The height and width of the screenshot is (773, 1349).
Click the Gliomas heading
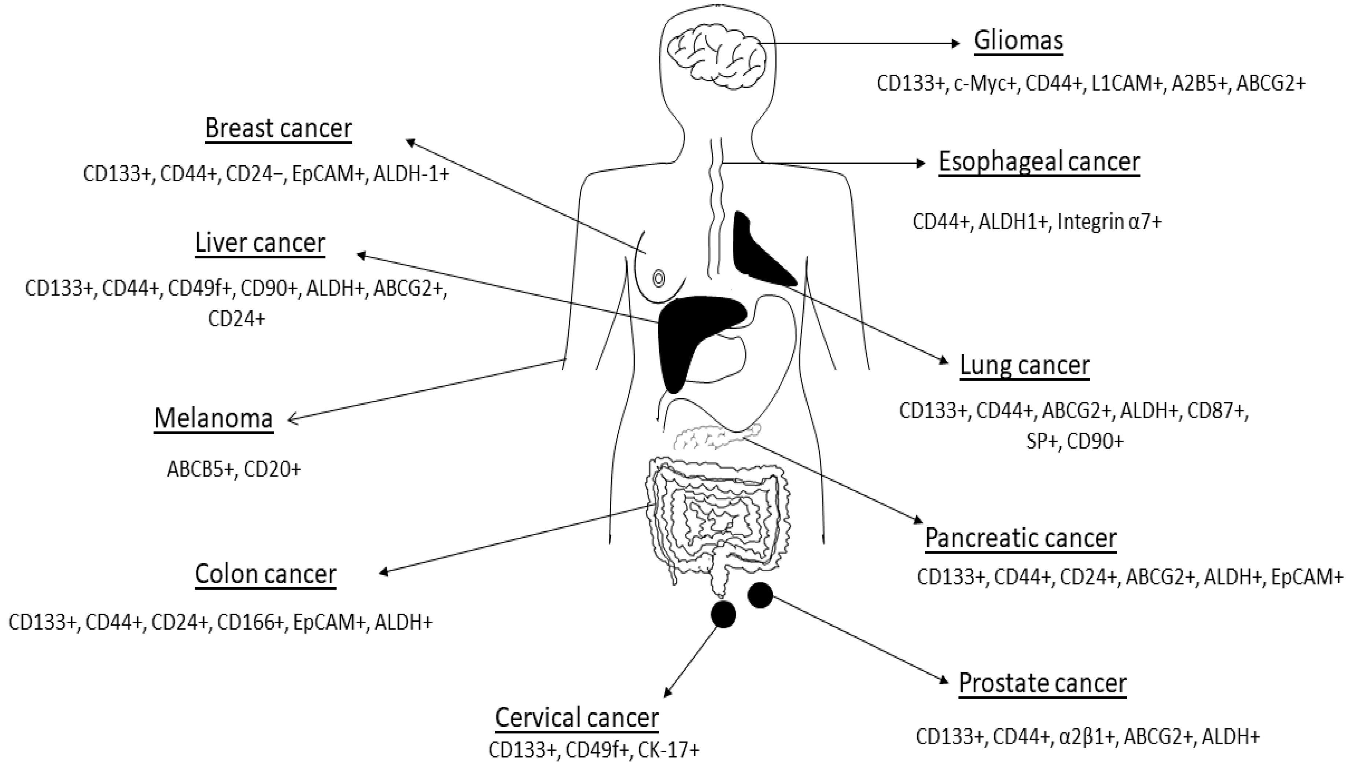1018,41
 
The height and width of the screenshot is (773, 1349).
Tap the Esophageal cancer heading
1039,162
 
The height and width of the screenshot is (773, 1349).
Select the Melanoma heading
214,418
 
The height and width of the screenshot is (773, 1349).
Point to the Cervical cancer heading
577,718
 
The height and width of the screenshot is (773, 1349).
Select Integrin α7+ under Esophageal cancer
1109,222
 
